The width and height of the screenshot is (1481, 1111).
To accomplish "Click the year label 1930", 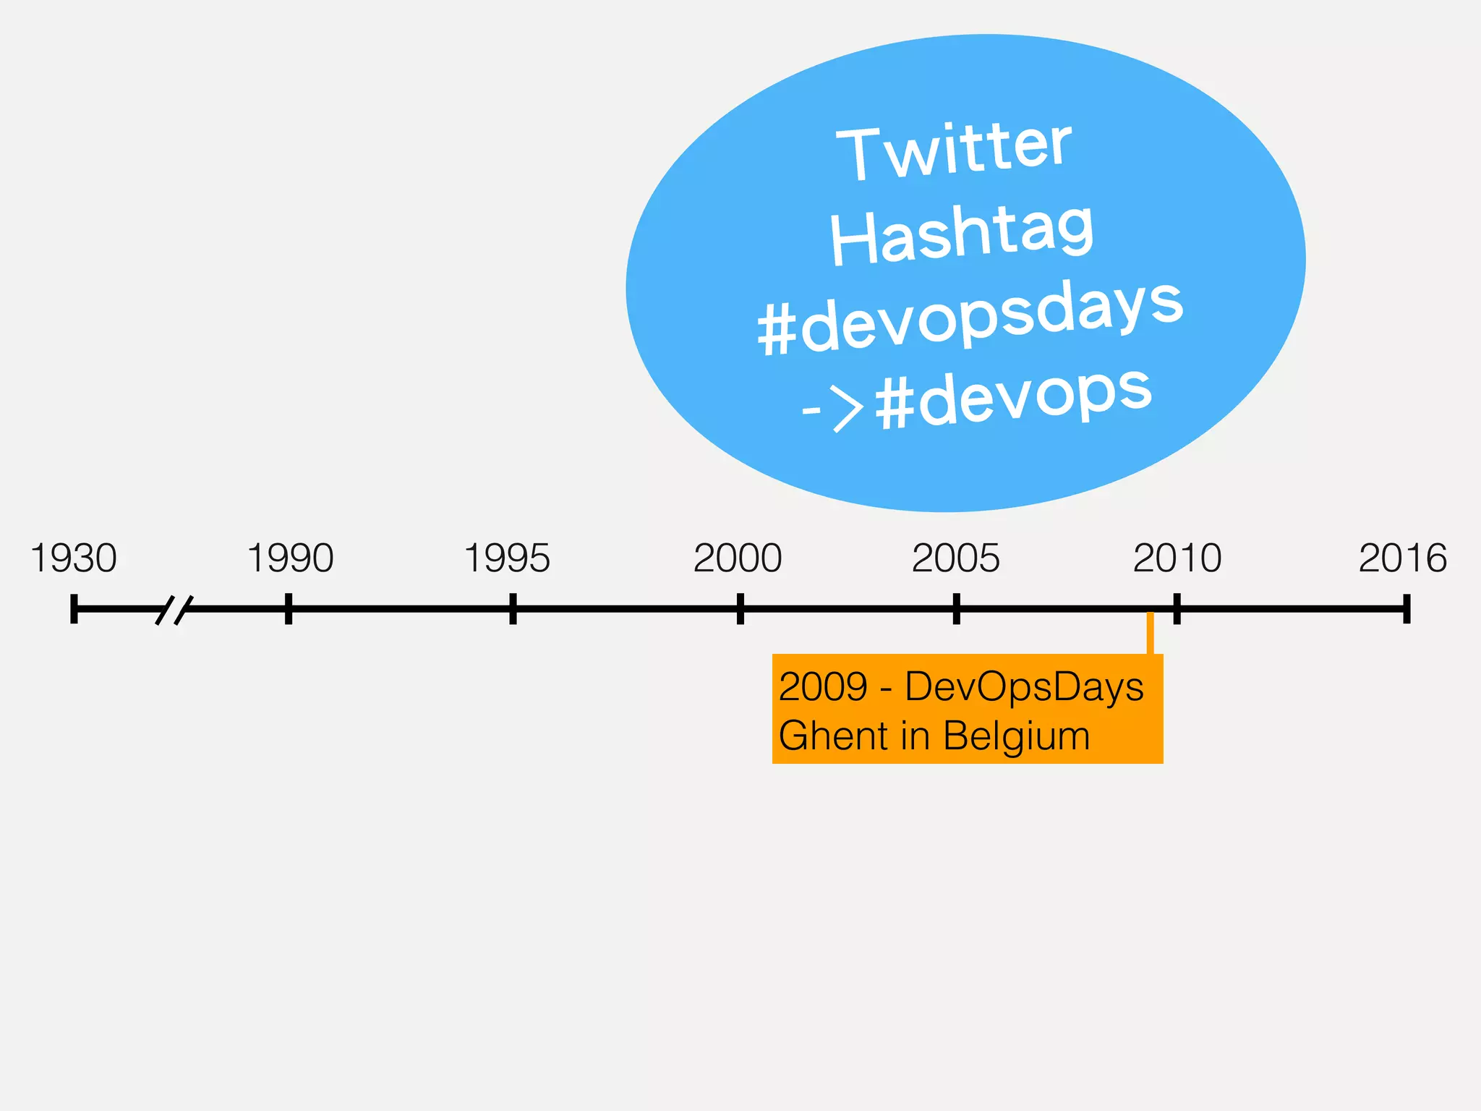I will (74, 558).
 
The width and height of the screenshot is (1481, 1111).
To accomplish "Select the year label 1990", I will (290, 558).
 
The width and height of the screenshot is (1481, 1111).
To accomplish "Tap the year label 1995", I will (507, 558).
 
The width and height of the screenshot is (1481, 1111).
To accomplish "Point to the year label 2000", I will (738, 558).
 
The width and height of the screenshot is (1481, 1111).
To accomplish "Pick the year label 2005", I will (955, 558).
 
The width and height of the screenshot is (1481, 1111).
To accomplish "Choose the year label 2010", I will (1177, 558).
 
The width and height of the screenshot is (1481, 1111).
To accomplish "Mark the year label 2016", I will (1402, 558).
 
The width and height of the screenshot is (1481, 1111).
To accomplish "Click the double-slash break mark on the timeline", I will (174, 610).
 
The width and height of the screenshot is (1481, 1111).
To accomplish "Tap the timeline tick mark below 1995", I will (513, 608).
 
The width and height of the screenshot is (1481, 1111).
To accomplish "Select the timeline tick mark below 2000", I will (740, 608).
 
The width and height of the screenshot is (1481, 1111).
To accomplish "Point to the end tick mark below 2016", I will (1407, 608).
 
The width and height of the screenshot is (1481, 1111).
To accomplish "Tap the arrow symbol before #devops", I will (834, 409).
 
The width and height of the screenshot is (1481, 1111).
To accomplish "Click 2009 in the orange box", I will (823, 686).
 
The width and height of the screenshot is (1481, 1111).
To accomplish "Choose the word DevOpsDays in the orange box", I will (1024, 686).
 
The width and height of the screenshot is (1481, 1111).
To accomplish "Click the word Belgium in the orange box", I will (1016, 736).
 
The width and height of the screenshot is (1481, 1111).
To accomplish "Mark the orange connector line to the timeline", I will (1150, 634).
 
